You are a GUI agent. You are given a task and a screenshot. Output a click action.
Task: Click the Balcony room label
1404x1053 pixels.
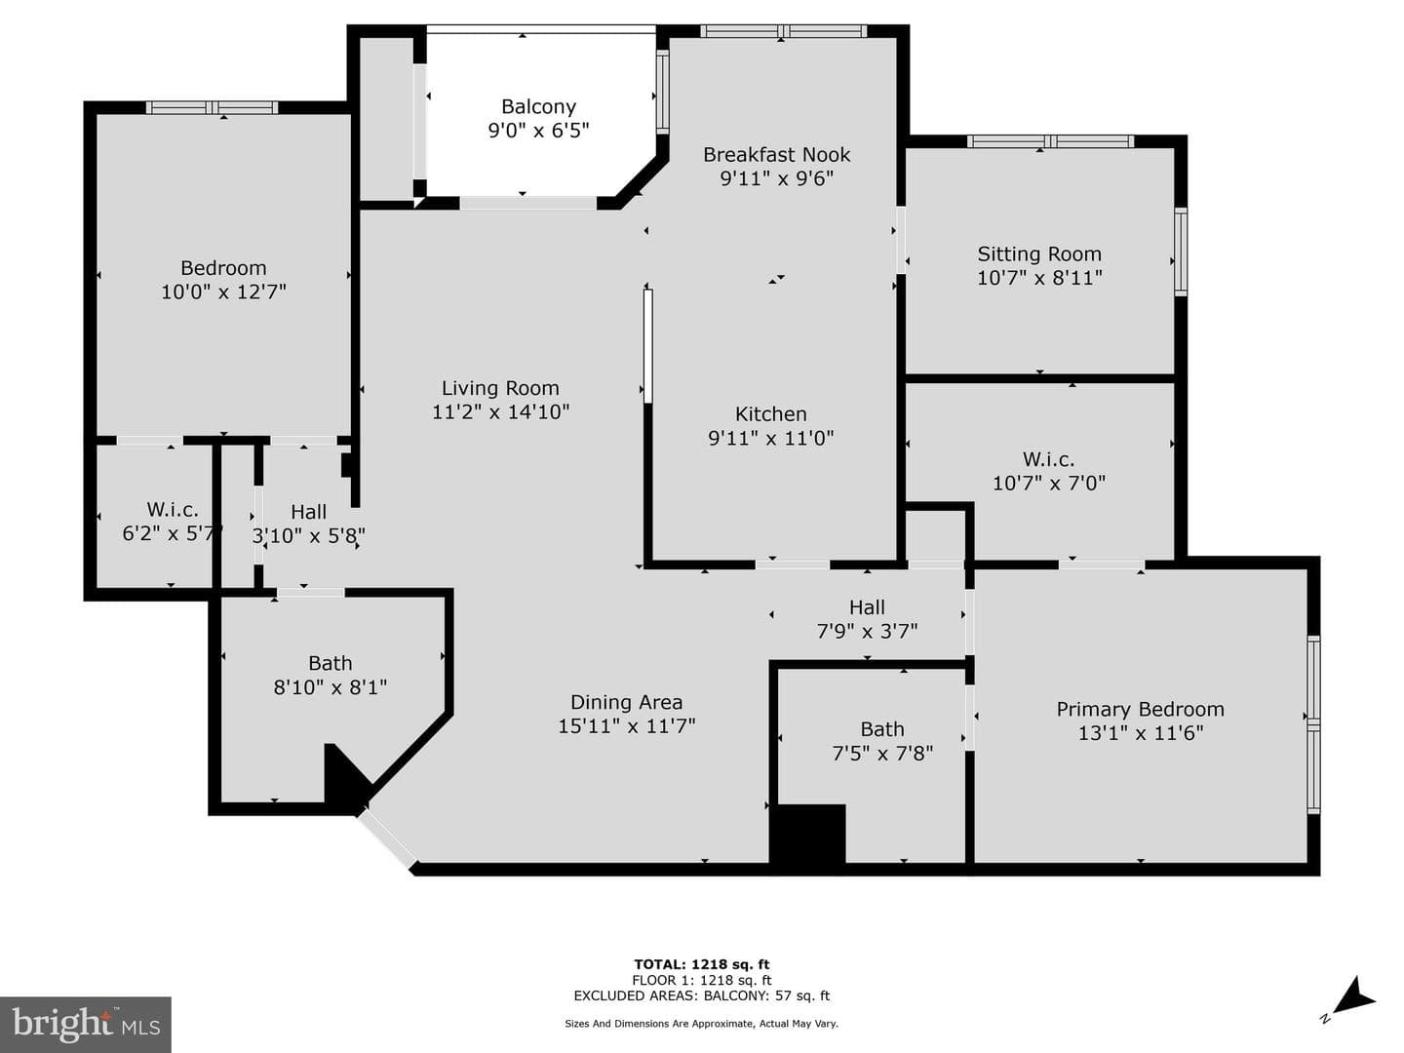coord(538,106)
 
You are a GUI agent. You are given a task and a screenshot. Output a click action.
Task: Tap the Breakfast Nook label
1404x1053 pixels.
coord(776,155)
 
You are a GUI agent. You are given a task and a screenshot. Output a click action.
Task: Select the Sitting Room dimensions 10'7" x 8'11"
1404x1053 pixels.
coord(1039,278)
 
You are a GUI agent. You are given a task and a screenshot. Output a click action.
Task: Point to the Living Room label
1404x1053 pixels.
coord(500,388)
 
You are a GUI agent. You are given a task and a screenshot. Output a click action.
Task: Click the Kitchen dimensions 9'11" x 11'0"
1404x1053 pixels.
coord(771,438)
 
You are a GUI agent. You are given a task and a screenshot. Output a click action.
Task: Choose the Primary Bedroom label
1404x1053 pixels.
coord(1141,709)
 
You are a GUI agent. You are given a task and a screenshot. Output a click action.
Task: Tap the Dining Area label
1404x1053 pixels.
coord(626,702)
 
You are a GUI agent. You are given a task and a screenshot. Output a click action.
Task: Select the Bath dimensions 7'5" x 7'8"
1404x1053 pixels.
coord(882,754)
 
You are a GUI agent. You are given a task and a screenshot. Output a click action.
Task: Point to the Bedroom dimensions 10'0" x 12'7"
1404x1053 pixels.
coord(223,292)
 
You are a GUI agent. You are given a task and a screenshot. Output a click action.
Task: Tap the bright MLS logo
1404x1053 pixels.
coord(86,1024)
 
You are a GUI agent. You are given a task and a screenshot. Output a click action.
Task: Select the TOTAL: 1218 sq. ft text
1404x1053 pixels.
coord(702,964)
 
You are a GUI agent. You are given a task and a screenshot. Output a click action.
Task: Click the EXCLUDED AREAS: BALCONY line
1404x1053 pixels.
coord(702,995)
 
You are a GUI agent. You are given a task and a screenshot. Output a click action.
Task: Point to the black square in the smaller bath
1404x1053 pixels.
coord(807,834)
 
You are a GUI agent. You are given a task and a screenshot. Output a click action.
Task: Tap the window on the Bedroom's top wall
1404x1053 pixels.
coord(213,107)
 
